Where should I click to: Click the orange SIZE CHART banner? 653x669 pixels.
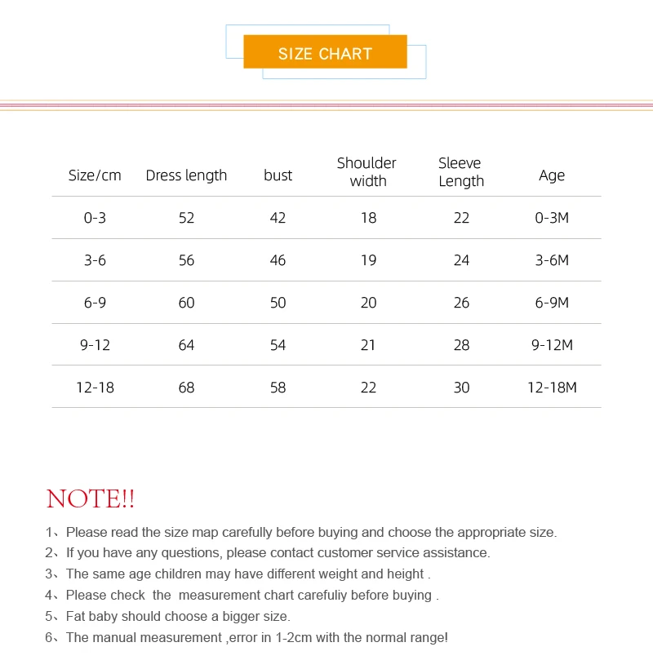(x=325, y=53)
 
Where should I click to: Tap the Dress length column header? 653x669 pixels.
(x=186, y=175)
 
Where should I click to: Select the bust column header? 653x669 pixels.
(x=278, y=175)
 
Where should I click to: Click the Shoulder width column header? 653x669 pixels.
(x=367, y=172)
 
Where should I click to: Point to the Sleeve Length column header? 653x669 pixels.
(x=460, y=172)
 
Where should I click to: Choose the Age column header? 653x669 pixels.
(x=552, y=175)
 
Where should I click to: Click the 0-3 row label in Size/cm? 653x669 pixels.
(x=95, y=218)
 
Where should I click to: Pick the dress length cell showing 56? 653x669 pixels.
(x=186, y=260)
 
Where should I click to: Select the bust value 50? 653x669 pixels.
(x=278, y=303)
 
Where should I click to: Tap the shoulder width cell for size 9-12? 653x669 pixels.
(x=368, y=345)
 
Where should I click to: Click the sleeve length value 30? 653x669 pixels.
(x=461, y=388)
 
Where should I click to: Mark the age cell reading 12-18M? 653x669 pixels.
(x=552, y=388)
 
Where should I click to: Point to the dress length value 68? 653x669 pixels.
(x=186, y=388)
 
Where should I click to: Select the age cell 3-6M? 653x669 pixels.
(x=552, y=260)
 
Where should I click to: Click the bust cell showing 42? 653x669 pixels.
(x=278, y=218)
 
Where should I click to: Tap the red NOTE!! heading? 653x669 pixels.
(x=91, y=498)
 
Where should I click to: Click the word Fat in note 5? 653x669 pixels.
(x=77, y=617)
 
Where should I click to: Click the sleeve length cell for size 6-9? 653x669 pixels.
(x=461, y=303)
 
